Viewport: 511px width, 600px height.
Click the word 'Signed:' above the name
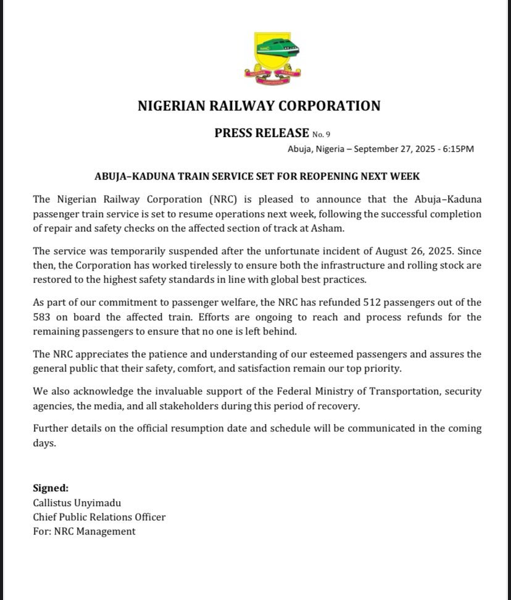tap(51, 488)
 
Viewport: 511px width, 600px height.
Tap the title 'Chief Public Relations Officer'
tap(99, 517)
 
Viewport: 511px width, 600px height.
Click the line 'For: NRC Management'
tap(84, 531)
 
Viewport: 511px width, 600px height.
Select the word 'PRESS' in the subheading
tap(238, 132)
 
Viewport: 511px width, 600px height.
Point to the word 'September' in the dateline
tap(380, 149)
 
